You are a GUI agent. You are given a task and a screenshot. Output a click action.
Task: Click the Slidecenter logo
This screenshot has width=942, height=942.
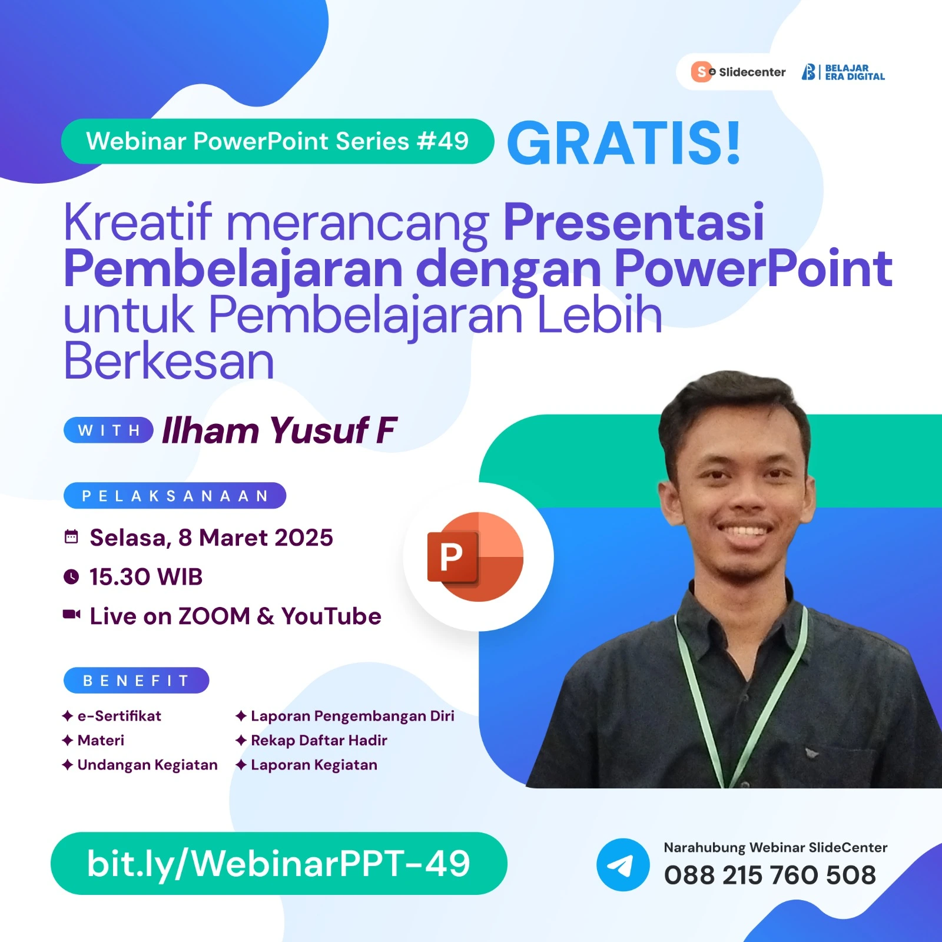[x=738, y=72]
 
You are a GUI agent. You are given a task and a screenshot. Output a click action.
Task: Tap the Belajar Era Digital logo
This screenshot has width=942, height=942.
[x=843, y=72]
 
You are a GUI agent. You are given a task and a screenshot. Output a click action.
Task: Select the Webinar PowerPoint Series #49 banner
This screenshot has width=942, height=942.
[x=277, y=141]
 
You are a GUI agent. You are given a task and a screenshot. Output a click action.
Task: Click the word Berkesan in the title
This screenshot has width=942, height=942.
[x=169, y=361]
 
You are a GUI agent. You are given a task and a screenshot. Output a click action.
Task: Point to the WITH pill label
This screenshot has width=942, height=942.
[x=109, y=430]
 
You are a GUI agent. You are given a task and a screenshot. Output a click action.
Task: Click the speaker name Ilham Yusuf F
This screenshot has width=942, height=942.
[x=279, y=430]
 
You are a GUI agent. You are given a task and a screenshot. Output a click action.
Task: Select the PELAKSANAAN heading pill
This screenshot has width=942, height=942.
[x=175, y=496]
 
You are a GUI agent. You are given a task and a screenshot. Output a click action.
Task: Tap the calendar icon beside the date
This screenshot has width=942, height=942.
[x=71, y=537]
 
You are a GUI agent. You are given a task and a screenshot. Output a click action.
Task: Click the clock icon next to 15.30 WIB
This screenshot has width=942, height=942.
[x=71, y=576]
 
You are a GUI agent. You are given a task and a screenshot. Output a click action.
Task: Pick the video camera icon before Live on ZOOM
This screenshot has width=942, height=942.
[x=71, y=615]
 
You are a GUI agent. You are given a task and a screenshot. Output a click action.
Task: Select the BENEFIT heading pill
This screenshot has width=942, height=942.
[x=136, y=681]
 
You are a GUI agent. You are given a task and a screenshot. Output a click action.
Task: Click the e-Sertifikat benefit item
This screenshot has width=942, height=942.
[x=119, y=716]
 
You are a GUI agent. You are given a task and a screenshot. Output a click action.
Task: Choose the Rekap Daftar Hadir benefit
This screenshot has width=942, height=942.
[x=319, y=740]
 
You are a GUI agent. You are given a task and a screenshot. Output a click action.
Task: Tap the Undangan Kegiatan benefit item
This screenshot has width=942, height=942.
[x=147, y=765]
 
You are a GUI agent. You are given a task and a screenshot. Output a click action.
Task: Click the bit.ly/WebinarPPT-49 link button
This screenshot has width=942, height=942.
[x=278, y=864]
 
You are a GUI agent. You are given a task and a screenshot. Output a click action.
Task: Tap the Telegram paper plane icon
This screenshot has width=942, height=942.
[x=622, y=865]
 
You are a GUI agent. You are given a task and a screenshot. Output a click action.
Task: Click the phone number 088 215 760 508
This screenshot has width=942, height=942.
[x=769, y=875]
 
